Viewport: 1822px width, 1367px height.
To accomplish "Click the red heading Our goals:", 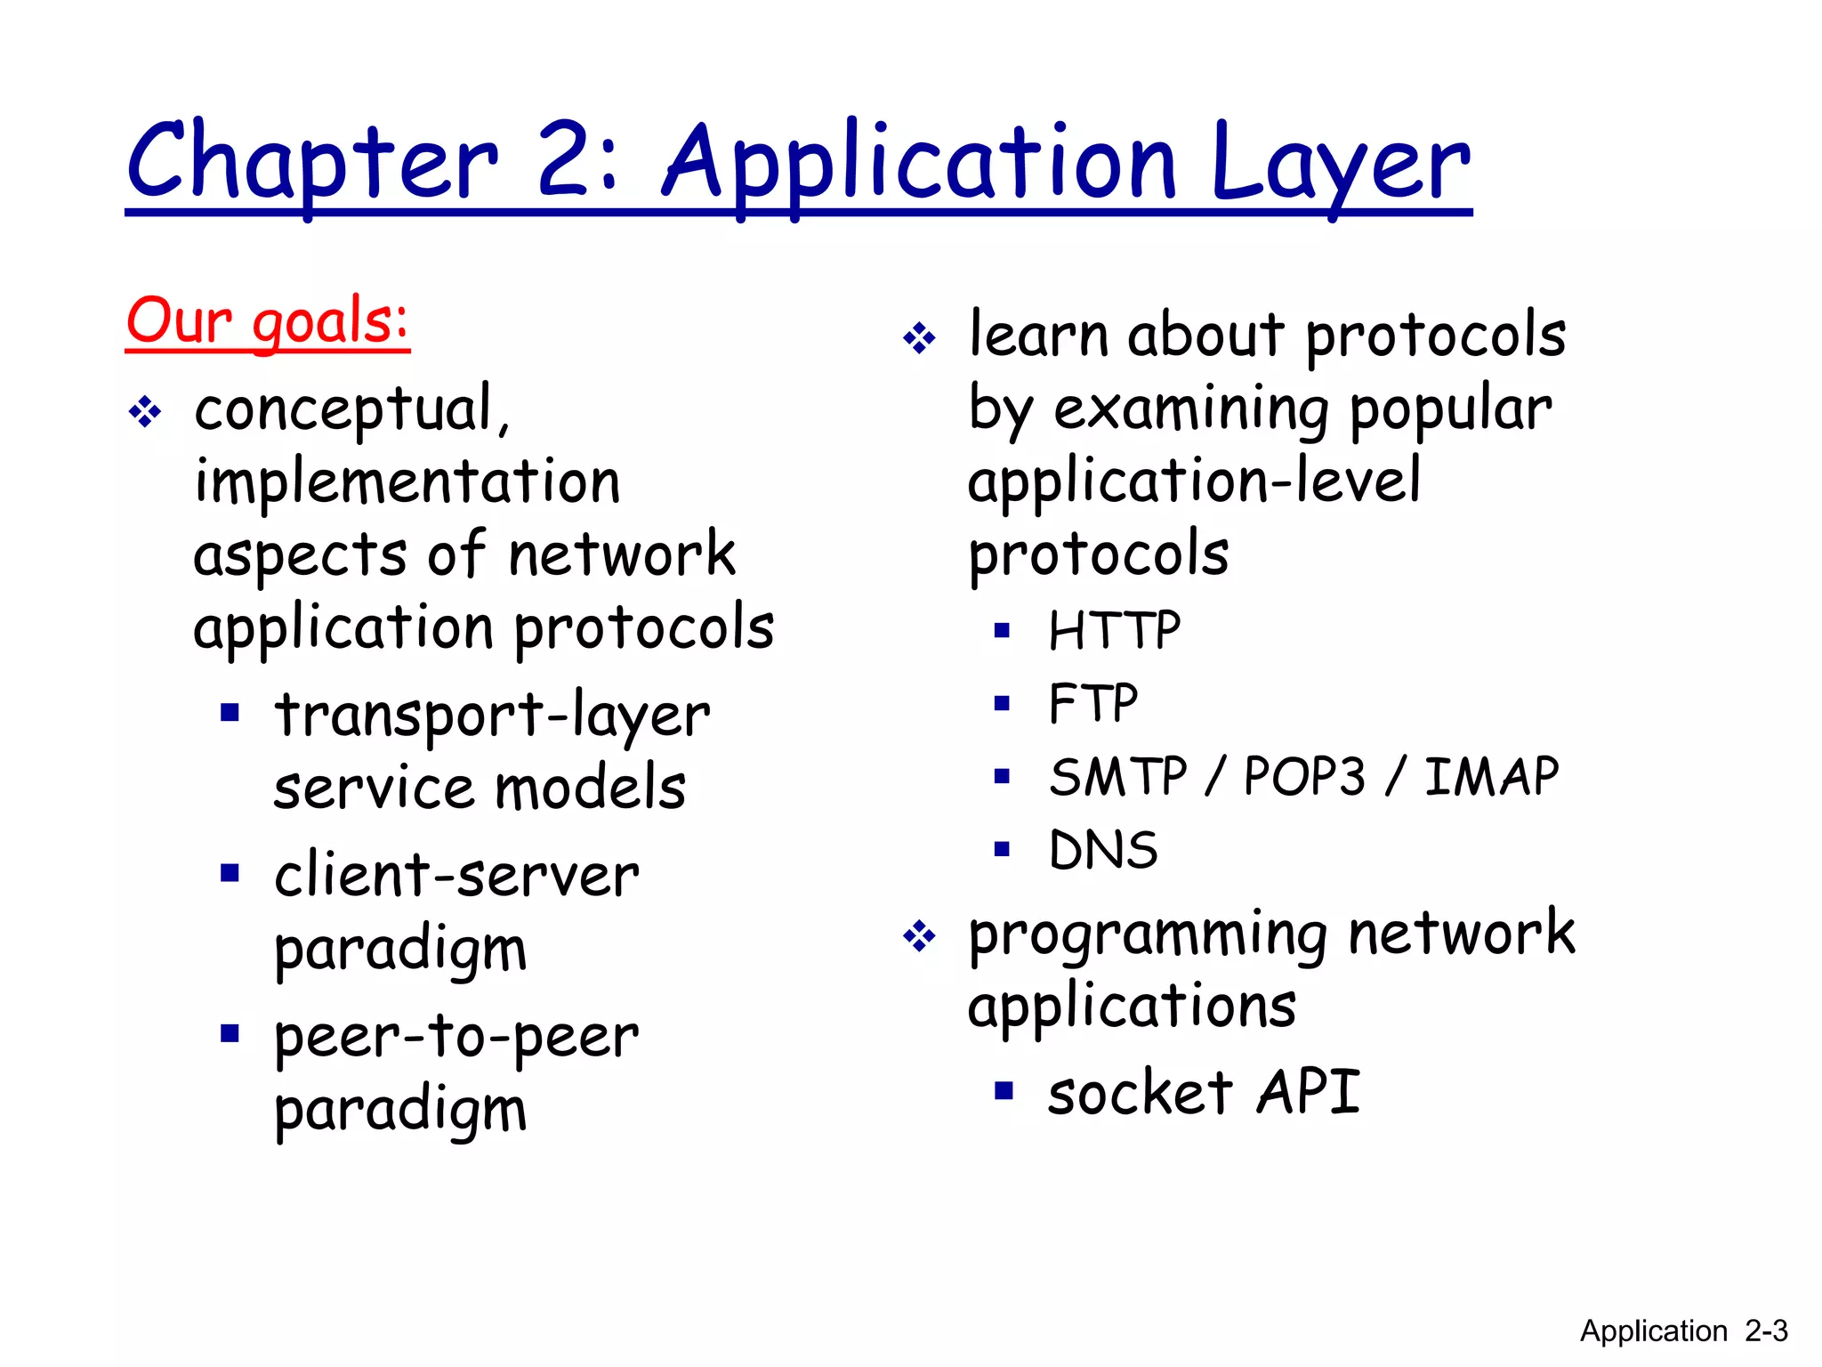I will pos(267,321).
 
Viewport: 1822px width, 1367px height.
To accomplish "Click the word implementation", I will pos(407,481).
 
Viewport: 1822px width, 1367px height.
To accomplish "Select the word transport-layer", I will pos(492,716).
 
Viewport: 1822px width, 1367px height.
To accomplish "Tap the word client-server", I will pos(456,875).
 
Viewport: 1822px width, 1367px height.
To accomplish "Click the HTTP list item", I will pos(1114,631).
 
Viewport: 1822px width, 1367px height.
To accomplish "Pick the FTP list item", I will pos(1092,704).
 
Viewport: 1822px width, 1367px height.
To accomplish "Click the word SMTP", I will pos(1117,776).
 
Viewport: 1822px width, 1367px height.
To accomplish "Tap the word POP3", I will pos(1303,776).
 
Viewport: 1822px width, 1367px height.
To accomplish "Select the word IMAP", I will pos(1491,776).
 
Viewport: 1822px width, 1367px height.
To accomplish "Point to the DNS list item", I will pos(1103,850).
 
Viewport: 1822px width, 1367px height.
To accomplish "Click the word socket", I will pos(1140,1092).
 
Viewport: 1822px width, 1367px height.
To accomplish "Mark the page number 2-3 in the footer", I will pos(1766,1331).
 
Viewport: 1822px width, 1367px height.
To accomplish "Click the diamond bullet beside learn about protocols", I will pos(919,338).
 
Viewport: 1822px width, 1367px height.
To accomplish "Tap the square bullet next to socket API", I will pos(1004,1090).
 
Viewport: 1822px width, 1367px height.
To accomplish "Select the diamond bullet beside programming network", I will pos(919,936).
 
